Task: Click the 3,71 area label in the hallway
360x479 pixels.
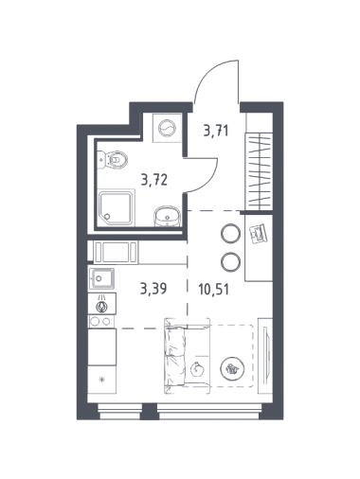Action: click(x=216, y=131)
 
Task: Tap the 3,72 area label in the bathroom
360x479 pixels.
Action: click(x=154, y=180)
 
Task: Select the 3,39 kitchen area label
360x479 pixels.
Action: click(x=153, y=289)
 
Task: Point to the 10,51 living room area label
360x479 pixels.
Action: click(x=214, y=289)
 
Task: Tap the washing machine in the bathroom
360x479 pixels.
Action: click(x=167, y=129)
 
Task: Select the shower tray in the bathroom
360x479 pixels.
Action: click(x=117, y=207)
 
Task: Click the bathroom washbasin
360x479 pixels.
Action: click(x=167, y=216)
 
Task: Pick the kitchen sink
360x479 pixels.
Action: click(x=101, y=278)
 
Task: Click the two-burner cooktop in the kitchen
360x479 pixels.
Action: click(x=101, y=322)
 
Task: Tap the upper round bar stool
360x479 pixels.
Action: click(x=230, y=233)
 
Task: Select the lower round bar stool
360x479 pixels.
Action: click(x=230, y=261)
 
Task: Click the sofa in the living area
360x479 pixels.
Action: click(x=187, y=356)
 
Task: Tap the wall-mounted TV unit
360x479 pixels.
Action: click(x=265, y=356)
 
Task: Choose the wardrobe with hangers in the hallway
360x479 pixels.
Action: click(x=259, y=170)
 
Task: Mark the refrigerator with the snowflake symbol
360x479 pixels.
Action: click(x=101, y=380)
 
